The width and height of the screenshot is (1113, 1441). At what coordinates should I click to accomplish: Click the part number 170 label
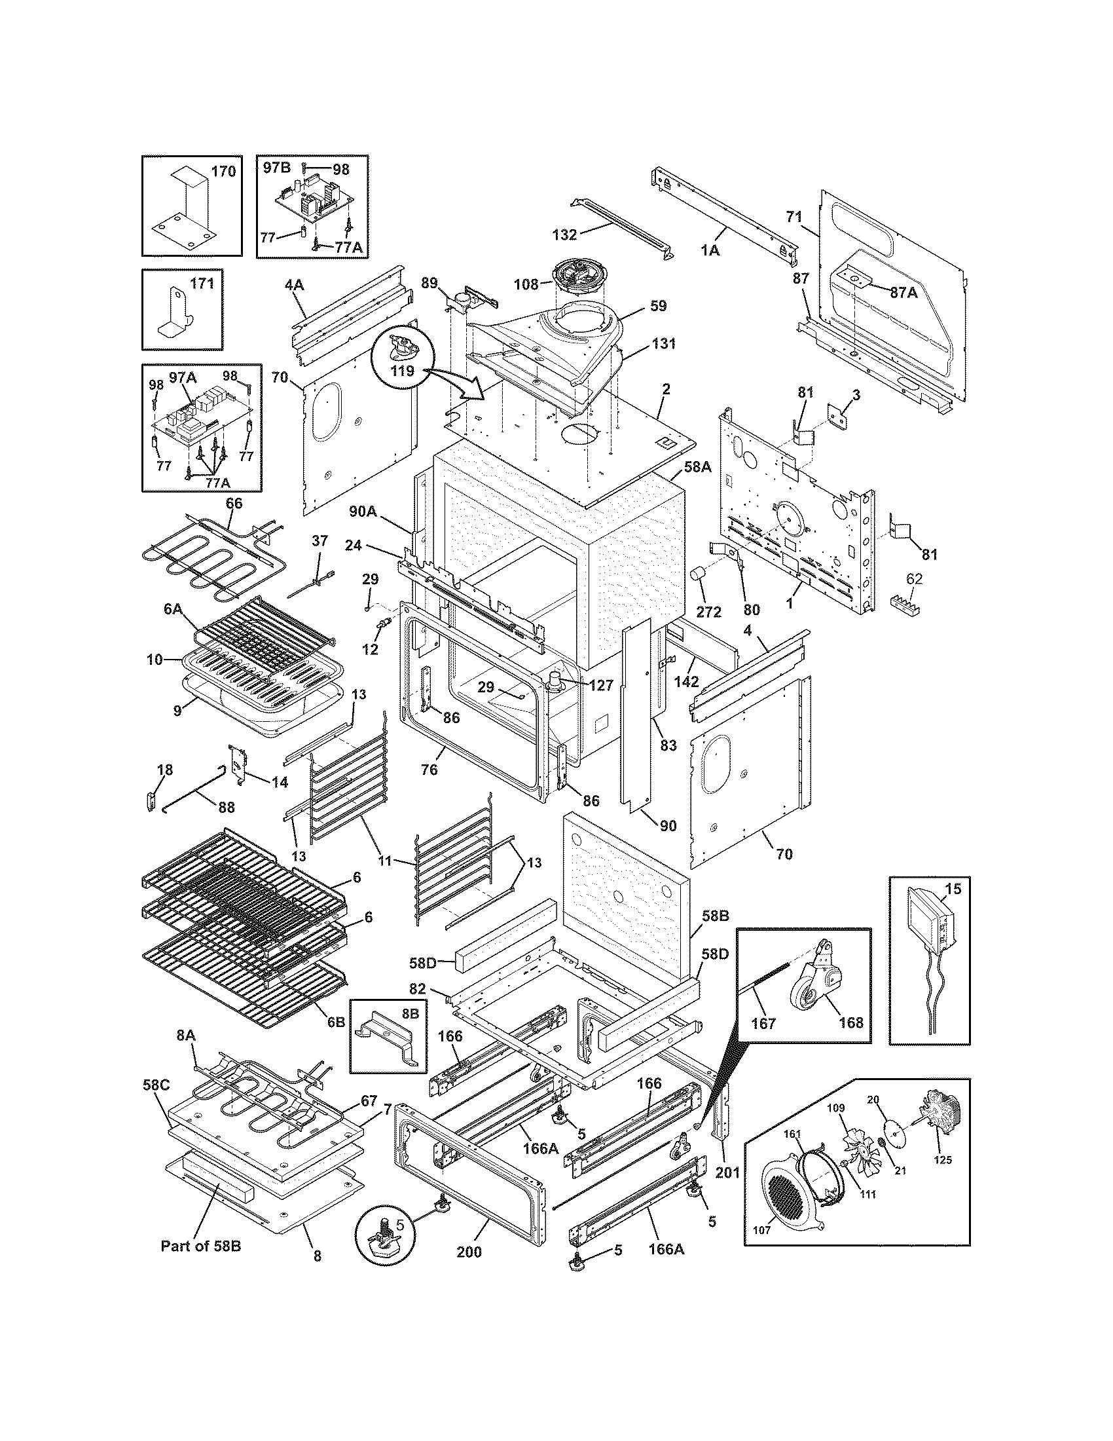coord(223,172)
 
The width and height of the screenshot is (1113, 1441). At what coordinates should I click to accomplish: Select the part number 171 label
coord(202,284)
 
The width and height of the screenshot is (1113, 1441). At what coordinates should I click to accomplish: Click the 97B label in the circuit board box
coord(276,168)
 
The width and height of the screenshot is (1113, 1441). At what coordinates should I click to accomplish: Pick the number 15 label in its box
coord(953,889)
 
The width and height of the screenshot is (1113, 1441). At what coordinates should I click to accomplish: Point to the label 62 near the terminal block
coord(914,579)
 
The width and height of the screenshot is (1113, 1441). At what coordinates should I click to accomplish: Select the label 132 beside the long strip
coord(564,234)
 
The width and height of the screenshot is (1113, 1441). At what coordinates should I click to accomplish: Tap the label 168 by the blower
coord(850,1022)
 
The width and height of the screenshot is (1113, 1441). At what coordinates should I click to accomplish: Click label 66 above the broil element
coord(234,504)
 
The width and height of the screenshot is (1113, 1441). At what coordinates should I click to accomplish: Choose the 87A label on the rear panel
coord(903,293)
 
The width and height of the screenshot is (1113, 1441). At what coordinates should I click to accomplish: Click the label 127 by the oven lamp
coord(600,686)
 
